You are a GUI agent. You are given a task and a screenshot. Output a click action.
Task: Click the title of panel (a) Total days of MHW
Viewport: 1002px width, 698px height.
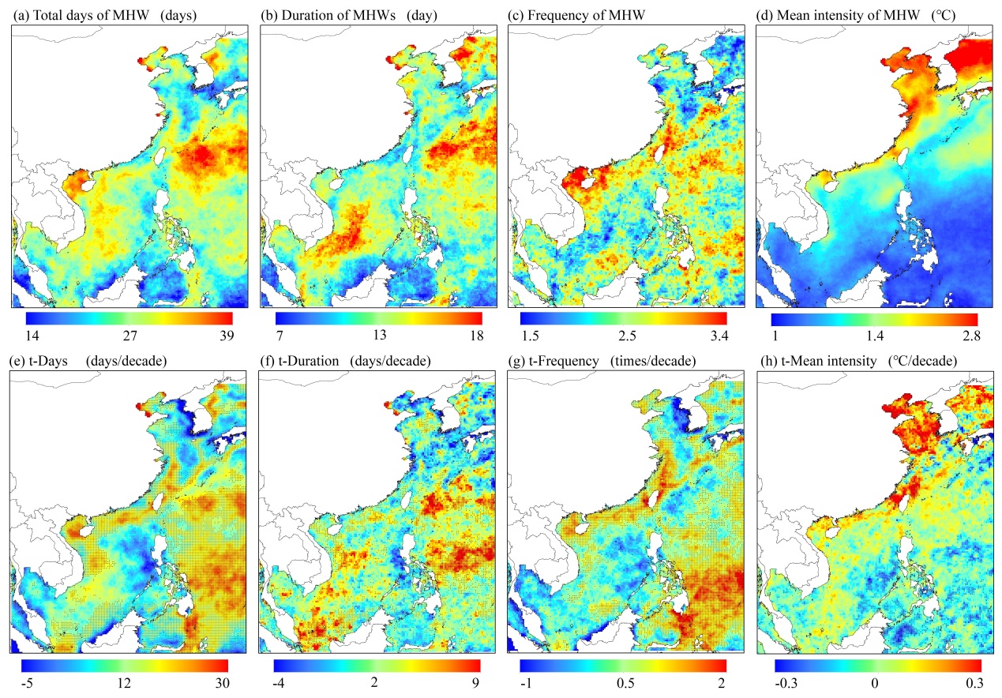click(x=103, y=14)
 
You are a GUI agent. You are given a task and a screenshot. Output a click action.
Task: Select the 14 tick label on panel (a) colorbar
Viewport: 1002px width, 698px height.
click(x=33, y=336)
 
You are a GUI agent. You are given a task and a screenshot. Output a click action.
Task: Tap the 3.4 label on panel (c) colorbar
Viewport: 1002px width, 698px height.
click(x=718, y=336)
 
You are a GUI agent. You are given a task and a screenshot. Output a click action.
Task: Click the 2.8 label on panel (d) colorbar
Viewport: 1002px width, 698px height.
click(x=970, y=336)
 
